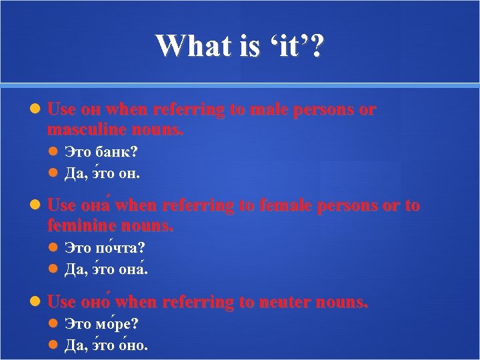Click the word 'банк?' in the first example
point(117,153)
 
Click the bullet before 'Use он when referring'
point(37,110)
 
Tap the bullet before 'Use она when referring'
point(37,206)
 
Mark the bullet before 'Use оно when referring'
point(37,303)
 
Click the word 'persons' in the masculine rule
point(322,110)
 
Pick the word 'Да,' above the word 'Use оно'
point(74,270)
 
